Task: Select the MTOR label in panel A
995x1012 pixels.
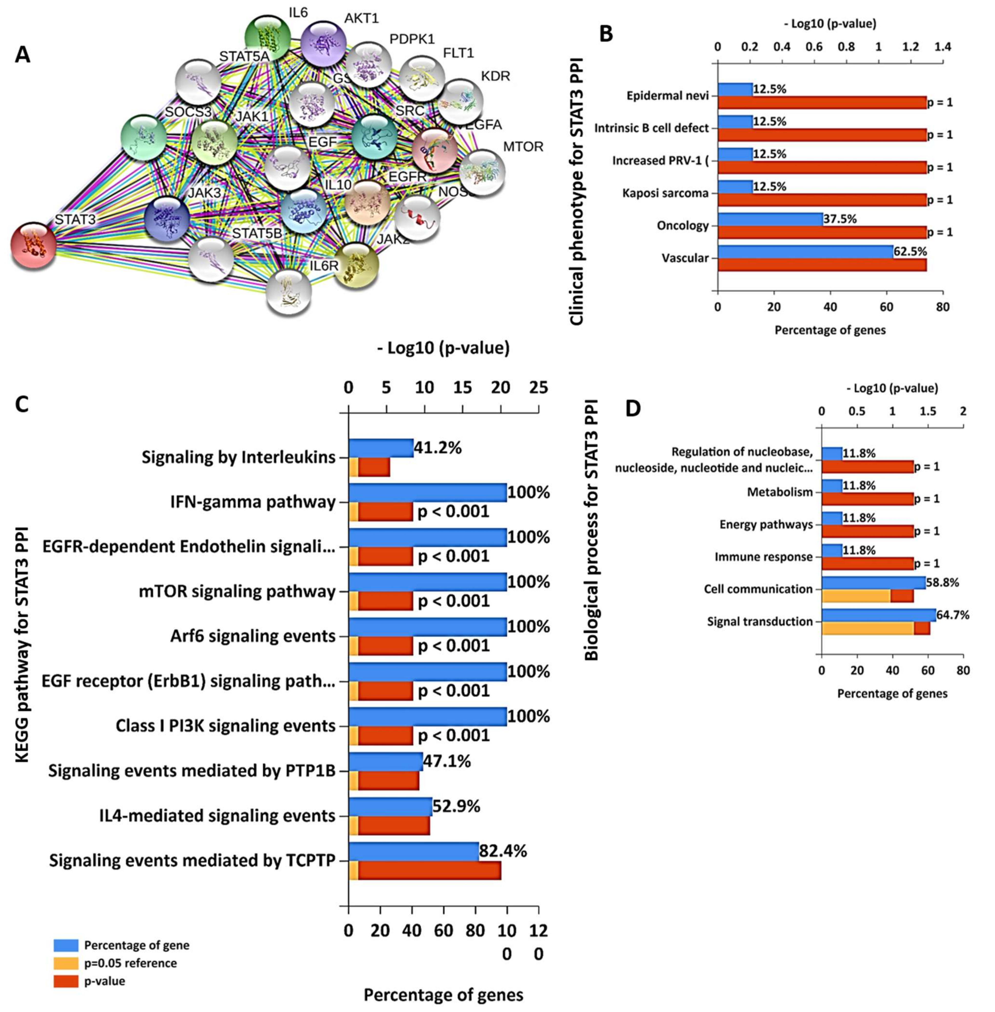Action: pos(523,147)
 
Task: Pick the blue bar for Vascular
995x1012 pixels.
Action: pos(805,252)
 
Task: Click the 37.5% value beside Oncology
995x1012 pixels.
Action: pos(840,219)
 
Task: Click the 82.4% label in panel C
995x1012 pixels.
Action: pos(503,851)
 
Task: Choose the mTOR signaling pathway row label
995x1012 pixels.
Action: pos(237,592)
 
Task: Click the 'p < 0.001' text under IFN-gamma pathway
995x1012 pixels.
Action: pos(453,511)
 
